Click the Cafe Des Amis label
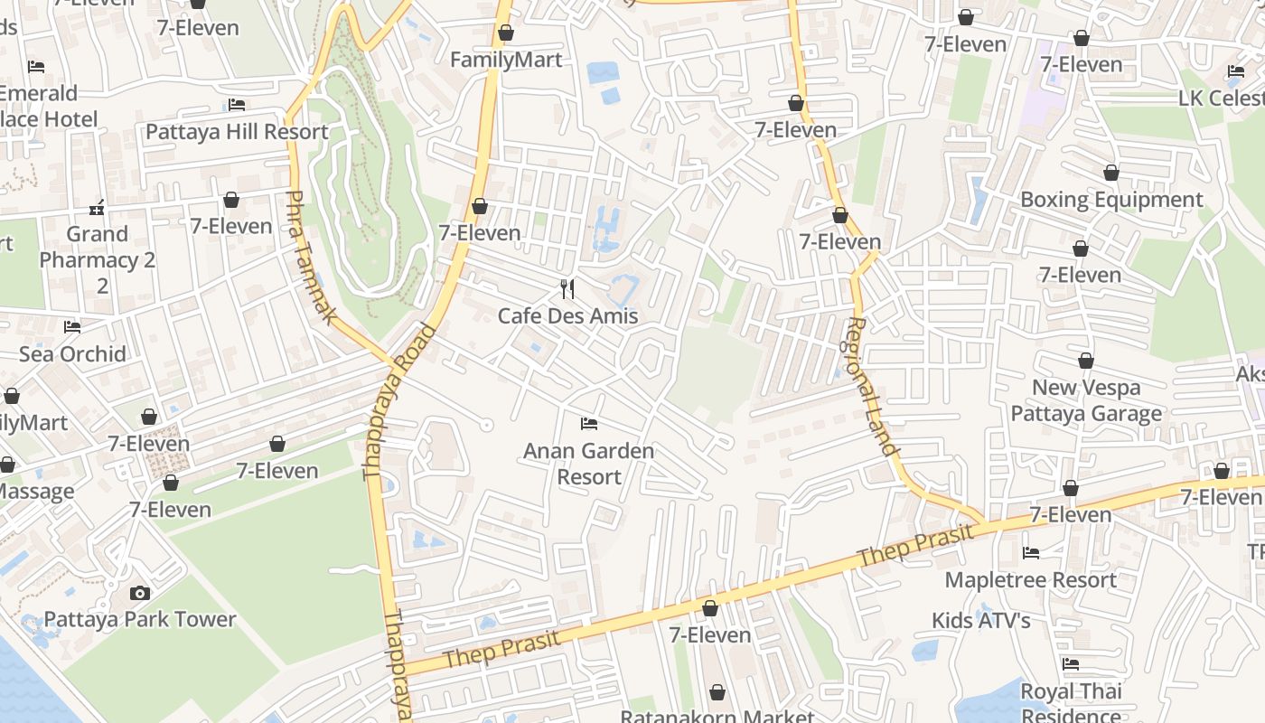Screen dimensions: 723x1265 567,316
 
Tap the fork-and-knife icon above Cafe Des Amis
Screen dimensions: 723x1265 567,288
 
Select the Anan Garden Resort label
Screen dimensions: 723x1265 588,463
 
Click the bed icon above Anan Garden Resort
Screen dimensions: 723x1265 589,423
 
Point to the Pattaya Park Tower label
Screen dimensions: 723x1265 140,620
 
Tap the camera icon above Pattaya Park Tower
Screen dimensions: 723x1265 139,593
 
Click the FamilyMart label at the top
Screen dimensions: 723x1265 506,60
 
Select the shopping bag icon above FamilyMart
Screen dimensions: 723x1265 506,33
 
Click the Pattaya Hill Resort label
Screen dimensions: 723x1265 237,132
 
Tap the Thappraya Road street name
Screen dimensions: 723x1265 398,401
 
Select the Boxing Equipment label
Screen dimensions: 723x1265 1110,200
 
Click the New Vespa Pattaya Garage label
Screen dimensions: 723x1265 1086,400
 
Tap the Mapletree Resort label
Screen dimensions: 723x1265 1030,579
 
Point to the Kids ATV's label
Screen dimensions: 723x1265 980,621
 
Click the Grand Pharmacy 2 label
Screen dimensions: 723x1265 98,259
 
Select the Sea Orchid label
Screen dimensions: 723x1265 72,354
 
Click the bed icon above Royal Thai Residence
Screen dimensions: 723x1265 1071,663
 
